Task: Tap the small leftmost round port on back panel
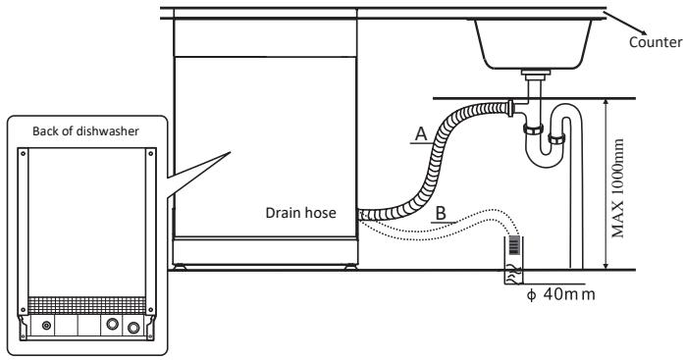(x=46, y=324)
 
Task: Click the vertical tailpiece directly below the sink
(x=533, y=88)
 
